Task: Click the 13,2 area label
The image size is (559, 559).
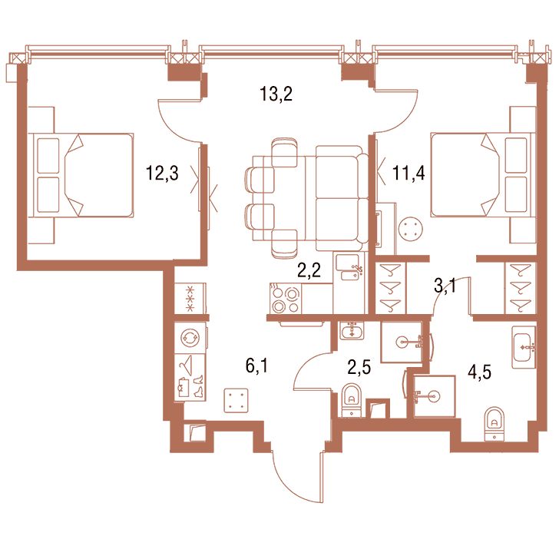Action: pyautogui.click(x=276, y=94)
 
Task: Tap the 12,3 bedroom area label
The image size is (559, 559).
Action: pyautogui.click(x=162, y=174)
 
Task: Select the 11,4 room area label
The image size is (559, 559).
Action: pyautogui.click(x=408, y=174)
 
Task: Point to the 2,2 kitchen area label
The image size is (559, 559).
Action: pyautogui.click(x=309, y=270)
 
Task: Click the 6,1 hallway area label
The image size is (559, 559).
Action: pyautogui.click(x=256, y=365)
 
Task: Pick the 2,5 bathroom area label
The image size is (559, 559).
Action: pyautogui.click(x=359, y=367)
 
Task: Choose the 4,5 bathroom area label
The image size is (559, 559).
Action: pyautogui.click(x=479, y=372)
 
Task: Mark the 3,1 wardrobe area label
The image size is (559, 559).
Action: pyautogui.click(x=445, y=286)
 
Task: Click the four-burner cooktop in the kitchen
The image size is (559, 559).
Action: pyautogui.click(x=286, y=299)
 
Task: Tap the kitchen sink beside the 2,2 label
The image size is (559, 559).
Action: pyautogui.click(x=349, y=267)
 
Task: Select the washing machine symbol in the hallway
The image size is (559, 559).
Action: pyautogui.click(x=190, y=338)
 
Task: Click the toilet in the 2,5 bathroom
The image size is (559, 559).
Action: pyautogui.click(x=352, y=400)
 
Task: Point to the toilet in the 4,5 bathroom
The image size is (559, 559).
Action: pyautogui.click(x=495, y=424)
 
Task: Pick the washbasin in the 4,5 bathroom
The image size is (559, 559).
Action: pyautogui.click(x=524, y=347)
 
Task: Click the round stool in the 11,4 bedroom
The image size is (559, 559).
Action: pyautogui.click(x=411, y=230)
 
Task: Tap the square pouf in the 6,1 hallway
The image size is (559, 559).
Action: pyautogui.click(x=236, y=401)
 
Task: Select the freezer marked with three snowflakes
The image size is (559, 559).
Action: pyautogui.click(x=190, y=299)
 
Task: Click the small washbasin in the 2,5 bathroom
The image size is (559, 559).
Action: pyautogui.click(x=352, y=330)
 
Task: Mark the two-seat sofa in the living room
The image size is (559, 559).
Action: pyautogui.click(x=342, y=198)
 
